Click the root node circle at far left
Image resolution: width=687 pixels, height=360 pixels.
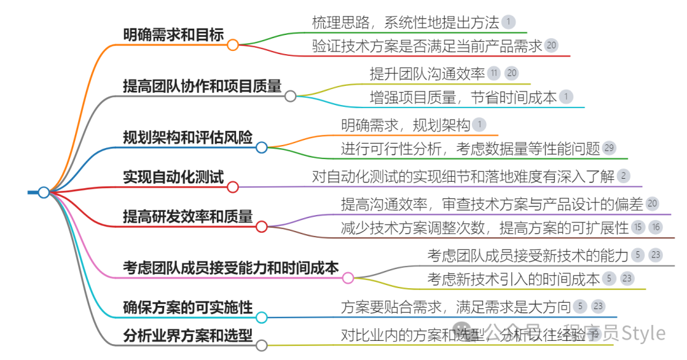tap(43, 192)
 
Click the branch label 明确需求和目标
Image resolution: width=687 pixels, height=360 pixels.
tap(173, 34)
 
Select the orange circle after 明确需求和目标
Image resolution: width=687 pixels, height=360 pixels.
tap(233, 45)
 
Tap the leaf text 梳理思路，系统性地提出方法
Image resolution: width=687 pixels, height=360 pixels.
tap(405, 22)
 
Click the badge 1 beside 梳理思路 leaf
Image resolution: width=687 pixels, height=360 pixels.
tap(508, 22)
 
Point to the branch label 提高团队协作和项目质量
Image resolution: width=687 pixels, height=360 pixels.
tap(202, 86)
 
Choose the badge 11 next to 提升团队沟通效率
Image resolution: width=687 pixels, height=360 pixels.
tap(494, 73)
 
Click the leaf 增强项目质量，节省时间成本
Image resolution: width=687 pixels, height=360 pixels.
tap(463, 97)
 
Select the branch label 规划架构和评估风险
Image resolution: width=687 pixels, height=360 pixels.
tap(188, 137)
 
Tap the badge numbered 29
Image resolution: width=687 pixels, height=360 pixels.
tap(609, 148)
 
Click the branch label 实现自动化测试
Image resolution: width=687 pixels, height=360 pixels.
tap(173, 177)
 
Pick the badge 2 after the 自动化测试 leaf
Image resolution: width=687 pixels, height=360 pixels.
tap(623, 176)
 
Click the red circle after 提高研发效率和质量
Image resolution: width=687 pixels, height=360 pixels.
tap(261, 226)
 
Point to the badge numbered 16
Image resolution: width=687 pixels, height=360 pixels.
tap(656, 227)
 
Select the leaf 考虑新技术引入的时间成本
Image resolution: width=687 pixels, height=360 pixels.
tap(513, 278)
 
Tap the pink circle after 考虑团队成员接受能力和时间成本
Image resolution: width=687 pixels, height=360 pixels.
tap(348, 278)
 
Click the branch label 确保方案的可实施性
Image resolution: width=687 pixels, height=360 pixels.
tap(188, 307)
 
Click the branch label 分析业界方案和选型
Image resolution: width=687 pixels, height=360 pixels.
tap(188, 335)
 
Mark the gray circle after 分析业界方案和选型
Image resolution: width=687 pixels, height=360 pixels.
tap(261, 345)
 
